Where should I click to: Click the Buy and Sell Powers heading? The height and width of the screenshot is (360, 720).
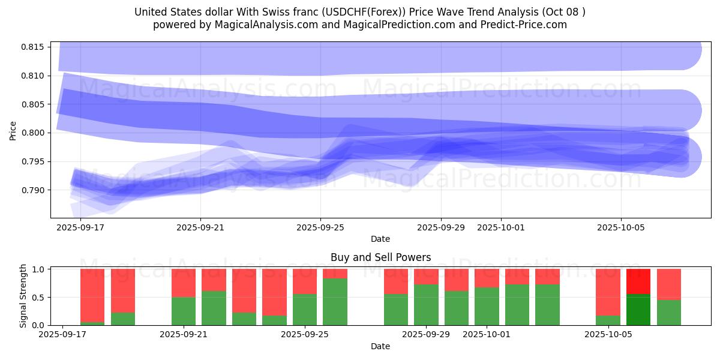pyautogui.click(x=380, y=257)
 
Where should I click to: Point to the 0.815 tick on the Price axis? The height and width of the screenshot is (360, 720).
pyautogui.click(x=33, y=47)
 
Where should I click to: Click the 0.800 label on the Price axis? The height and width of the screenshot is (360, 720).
pyautogui.click(x=33, y=133)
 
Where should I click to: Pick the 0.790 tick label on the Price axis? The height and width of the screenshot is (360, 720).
pyautogui.click(x=33, y=190)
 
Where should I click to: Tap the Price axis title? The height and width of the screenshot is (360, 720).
pyautogui.click(x=13, y=130)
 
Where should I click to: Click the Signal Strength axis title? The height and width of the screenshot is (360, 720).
pyautogui.click(x=23, y=296)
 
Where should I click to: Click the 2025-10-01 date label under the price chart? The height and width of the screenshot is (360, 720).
pyautogui.click(x=501, y=228)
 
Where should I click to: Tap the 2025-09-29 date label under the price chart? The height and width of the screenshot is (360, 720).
pyautogui.click(x=441, y=228)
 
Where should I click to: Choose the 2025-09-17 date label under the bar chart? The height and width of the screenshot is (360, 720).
pyautogui.click(x=63, y=335)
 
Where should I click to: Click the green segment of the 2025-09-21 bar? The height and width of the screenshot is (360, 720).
pyautogui.click(x=184, y=311)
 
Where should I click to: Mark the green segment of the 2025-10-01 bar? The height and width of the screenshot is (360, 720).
pyautogui.click(x=487, y=306)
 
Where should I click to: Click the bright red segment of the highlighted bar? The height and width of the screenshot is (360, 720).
pyautogui.click(x=638, y=281)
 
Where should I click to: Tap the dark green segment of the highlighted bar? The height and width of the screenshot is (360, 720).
pyautogui.click(x=638, y=310)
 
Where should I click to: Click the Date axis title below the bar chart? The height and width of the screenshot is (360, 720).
pyautogui.click(x=380, y=346)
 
